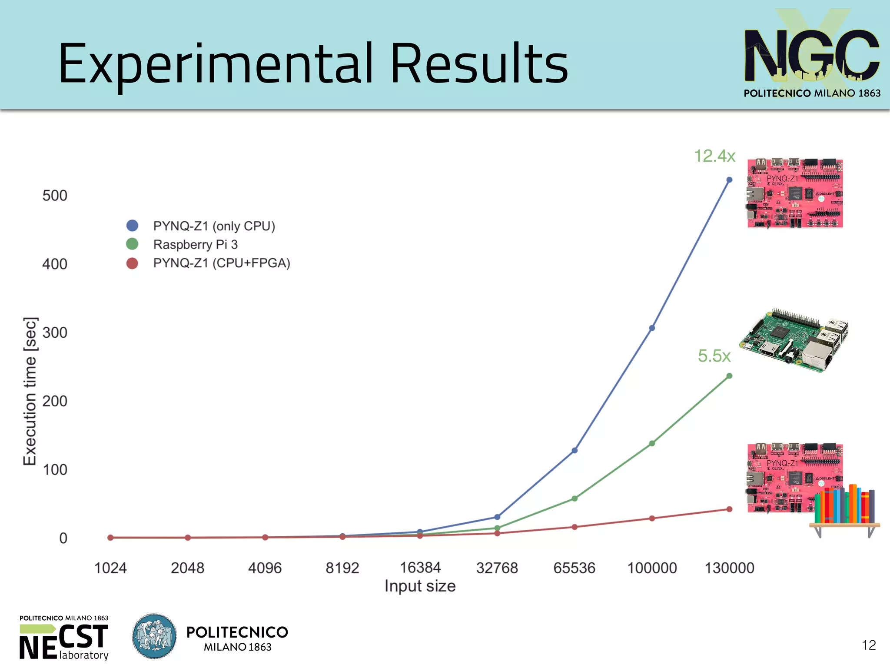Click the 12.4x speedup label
(x=714, y=156)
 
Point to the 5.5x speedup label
(x=714, y=356)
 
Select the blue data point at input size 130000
(x=729, y=180)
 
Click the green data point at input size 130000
(x=729, y=376)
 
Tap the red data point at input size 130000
(x=729, y=509)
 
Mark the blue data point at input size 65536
(x=575, y=450)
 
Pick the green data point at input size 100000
(x=652, y=443)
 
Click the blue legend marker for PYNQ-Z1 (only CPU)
(x=132, y=226)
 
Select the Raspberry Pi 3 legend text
(x=196, y=245)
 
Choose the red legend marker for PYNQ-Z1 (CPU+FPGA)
(x=132, y=263)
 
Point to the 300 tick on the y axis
(x=55, y=333)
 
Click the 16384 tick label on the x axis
(x=420, y=568)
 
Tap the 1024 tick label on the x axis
(x=110, y=568)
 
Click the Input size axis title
(x=420, y=586)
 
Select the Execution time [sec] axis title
(x=30, y=391)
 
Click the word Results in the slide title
(x=479, y=64)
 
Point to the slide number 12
(x=869, y=645)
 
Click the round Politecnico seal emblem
(x=154, y=636)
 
